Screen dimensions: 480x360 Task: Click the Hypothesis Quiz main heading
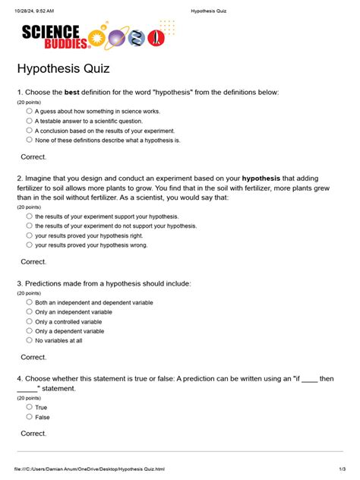tap(64, 69)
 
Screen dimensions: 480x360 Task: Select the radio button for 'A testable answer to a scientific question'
tap(30, 120)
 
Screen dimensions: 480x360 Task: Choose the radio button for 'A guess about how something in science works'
tap(30, 110)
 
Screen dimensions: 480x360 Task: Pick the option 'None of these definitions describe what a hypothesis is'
tap(30, 140)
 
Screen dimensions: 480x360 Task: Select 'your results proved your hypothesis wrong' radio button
tap(30, 245)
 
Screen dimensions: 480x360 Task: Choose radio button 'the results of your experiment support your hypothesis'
tap(30, 216)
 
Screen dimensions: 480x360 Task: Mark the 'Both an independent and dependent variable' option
tap(30, 302)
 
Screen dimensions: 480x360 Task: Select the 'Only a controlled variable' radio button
tap(30, 321)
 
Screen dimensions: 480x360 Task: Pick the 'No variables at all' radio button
tap(30, 340)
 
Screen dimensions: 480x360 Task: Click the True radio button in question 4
tap(30, 406)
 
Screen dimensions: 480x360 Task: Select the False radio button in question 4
tap(30, 416)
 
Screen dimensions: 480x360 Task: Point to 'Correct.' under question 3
tap(33, 357)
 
